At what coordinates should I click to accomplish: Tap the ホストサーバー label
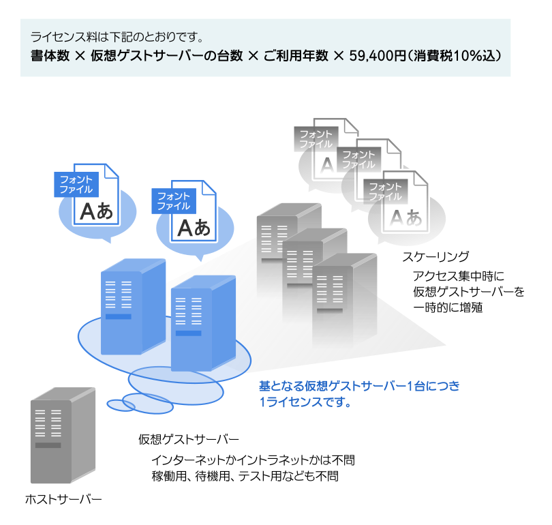[x=63, y=500]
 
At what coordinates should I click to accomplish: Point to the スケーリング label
[x=435, y=257]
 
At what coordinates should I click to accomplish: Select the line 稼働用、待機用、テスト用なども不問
[x=245, y=477]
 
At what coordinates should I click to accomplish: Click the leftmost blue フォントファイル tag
[x=76, y=184]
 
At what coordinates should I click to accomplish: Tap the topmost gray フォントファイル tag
[x=316, y=138]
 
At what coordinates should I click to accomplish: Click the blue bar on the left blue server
[x=118, y=316]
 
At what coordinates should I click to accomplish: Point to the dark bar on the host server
[x=48, y=445]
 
